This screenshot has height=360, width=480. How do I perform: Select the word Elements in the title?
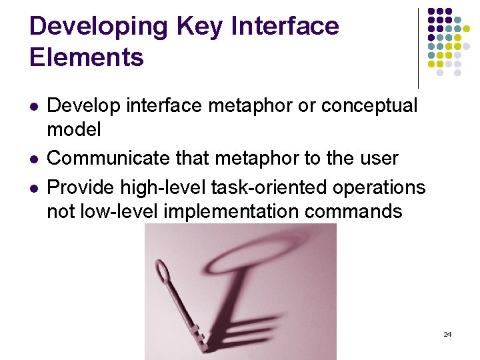(87, 57)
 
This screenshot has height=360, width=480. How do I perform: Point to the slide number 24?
(447, 334)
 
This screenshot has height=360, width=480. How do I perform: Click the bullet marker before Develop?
(33, 106)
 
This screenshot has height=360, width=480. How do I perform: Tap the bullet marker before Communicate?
(33, 159)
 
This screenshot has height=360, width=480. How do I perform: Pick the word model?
(74, 129)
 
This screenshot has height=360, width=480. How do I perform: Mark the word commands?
(365, 212)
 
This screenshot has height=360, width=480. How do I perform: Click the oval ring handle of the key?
(162, 273)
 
